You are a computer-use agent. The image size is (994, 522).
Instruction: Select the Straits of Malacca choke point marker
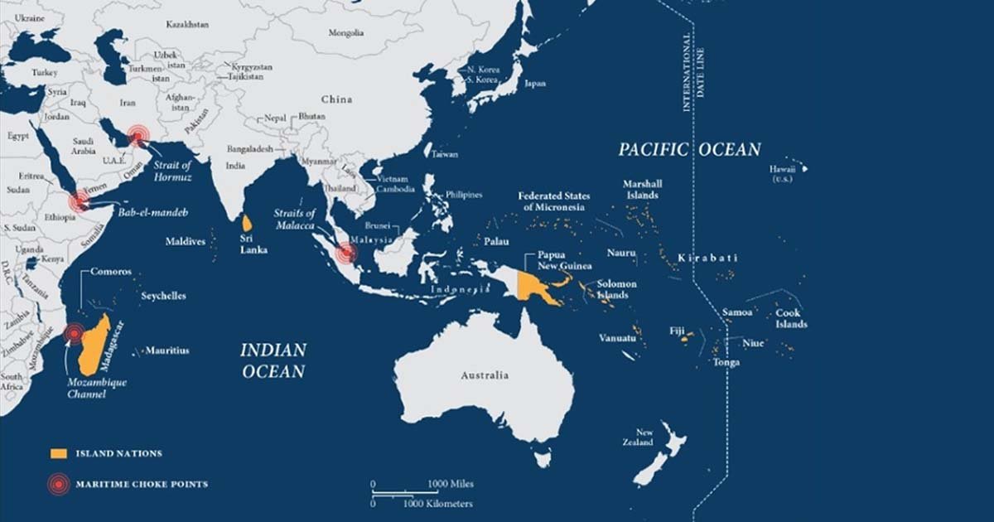[346, 252]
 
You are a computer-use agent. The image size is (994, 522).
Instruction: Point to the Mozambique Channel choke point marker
[75, 333]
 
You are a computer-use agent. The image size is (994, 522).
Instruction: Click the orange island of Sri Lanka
[247, 223]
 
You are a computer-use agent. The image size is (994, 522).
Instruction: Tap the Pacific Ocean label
[689, 150]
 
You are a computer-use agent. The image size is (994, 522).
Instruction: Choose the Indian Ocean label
[273, 360]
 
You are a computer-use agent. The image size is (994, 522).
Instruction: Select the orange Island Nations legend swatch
[57, 454]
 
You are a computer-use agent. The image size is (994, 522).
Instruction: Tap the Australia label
[485, 375]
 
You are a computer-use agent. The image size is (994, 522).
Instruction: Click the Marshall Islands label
[642, 190]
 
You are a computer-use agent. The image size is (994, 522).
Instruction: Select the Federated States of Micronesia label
[554, 201]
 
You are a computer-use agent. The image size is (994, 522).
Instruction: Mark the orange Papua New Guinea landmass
[532, 283]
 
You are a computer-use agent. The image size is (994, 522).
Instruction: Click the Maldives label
[185, 242]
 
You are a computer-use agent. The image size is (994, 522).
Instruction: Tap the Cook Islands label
[791, 319]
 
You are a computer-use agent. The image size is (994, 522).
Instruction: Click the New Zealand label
[644, 437]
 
